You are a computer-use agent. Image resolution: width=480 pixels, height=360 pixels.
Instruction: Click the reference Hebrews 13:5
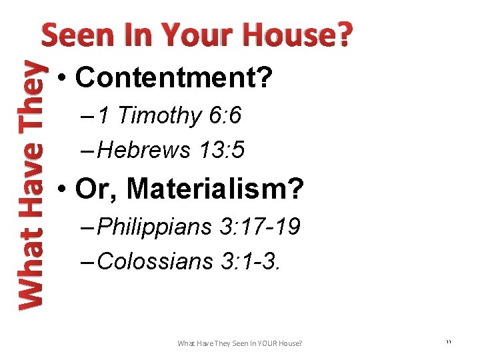point(171,151)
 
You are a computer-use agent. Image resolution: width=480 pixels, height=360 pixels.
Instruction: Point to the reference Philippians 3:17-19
point(199,227)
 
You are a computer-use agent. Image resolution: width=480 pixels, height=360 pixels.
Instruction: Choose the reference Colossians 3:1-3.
point(189,261)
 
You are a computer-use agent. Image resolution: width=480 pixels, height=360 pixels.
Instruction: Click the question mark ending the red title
point(343,35)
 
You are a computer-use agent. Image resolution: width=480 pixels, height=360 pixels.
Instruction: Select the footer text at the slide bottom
point(239,343)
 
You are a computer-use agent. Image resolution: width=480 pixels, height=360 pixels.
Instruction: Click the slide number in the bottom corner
point(448,342)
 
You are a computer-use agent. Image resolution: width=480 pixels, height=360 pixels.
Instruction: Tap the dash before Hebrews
point(89,151)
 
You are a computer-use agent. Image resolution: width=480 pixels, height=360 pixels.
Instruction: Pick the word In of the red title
point(136,35)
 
